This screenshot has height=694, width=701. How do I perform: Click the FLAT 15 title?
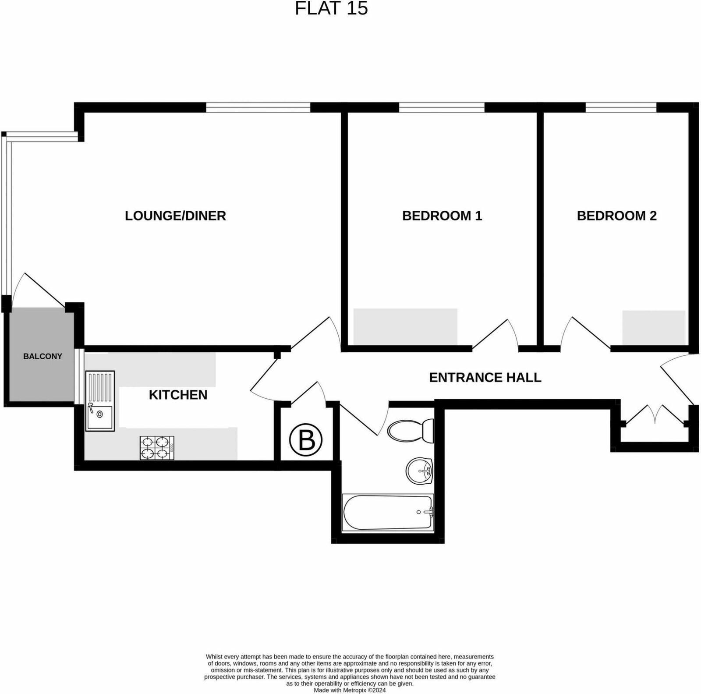pos(331,9)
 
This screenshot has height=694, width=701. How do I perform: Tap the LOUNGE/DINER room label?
pos(175,216)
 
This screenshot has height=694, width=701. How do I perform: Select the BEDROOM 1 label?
pos(442,216)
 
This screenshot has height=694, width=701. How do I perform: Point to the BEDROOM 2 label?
pos(616,216)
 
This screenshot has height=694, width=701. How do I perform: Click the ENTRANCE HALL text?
pos(485,377)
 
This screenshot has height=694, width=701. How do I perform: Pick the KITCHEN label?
pos(178,395)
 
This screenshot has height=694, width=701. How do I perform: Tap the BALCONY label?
pos(42,356)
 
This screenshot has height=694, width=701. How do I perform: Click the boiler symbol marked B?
pos(306,440)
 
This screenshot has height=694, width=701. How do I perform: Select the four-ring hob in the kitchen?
pos(157,448)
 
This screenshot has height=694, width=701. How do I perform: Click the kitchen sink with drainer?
pos(100,401)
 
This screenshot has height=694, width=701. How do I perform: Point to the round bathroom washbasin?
pos(419,471)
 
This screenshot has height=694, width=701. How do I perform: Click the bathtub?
pos(388,512)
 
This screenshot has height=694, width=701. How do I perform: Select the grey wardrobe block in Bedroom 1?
pos(405,326)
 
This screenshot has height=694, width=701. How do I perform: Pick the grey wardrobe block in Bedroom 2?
pos(654,327)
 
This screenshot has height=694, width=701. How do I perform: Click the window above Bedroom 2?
pos(621,107)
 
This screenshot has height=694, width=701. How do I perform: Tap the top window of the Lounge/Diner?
pos(258,107)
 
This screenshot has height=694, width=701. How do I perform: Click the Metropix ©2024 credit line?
pos(350,690)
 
